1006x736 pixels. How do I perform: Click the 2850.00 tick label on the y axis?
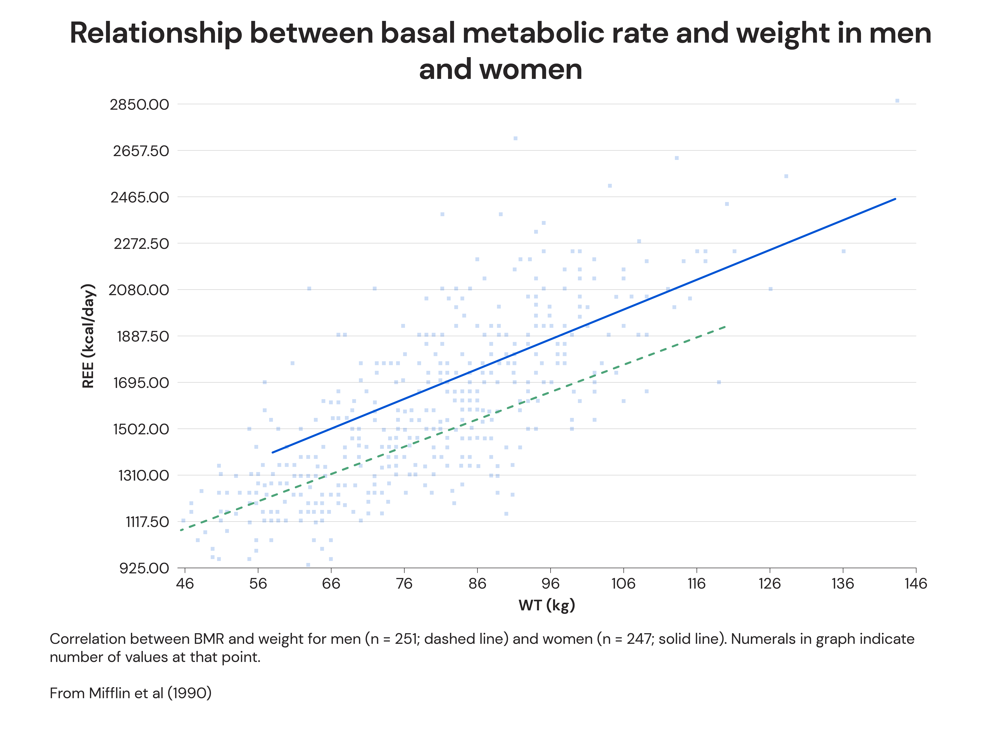click(x=139, y=105)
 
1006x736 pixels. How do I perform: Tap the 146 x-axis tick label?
click(x=916, y=584)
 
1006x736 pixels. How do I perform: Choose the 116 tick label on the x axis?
click(x=696, y=584)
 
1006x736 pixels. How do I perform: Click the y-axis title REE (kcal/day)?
click(x=88, y=336)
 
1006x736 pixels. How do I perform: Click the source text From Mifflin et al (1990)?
click(x=130, y=693)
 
